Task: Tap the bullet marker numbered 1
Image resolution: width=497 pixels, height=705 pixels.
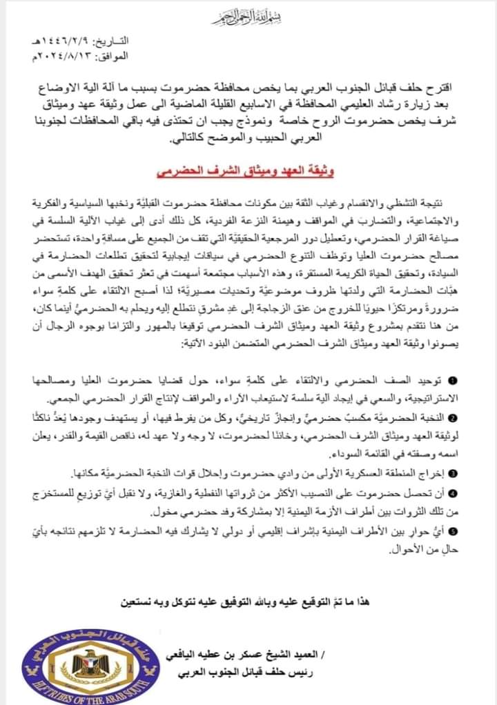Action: tap(452, 381)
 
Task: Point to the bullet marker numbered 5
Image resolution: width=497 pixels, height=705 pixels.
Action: tap(452, 530)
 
